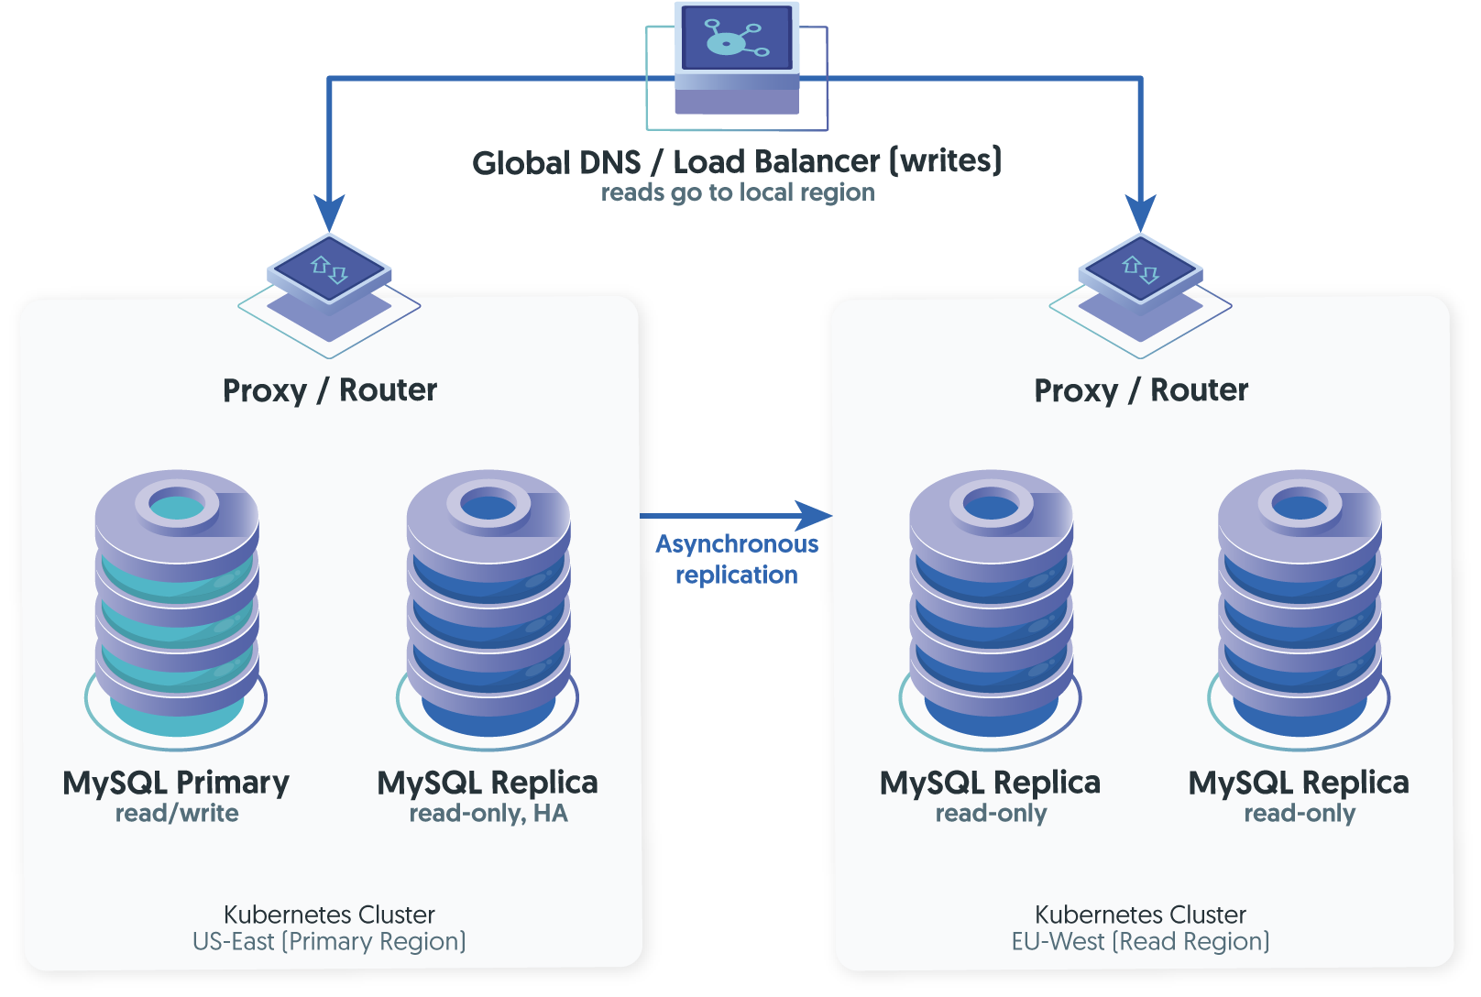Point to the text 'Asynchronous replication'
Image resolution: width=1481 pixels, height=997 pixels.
737,559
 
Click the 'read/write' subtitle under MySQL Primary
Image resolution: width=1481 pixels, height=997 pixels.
177,814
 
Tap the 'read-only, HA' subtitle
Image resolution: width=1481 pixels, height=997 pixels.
488,814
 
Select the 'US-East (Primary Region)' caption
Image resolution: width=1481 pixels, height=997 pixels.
329,942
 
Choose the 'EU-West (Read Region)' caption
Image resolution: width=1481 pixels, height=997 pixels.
1140,942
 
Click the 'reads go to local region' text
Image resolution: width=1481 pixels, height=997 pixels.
737,192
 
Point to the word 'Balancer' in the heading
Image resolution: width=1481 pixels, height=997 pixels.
776,161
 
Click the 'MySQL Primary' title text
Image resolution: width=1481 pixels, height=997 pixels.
176,783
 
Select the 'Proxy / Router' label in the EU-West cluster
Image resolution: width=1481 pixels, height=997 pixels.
1141,390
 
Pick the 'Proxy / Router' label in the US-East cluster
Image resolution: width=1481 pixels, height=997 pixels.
330,390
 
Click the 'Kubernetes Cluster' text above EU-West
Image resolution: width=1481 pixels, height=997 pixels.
1140,915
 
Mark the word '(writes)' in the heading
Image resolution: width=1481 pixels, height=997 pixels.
946,161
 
